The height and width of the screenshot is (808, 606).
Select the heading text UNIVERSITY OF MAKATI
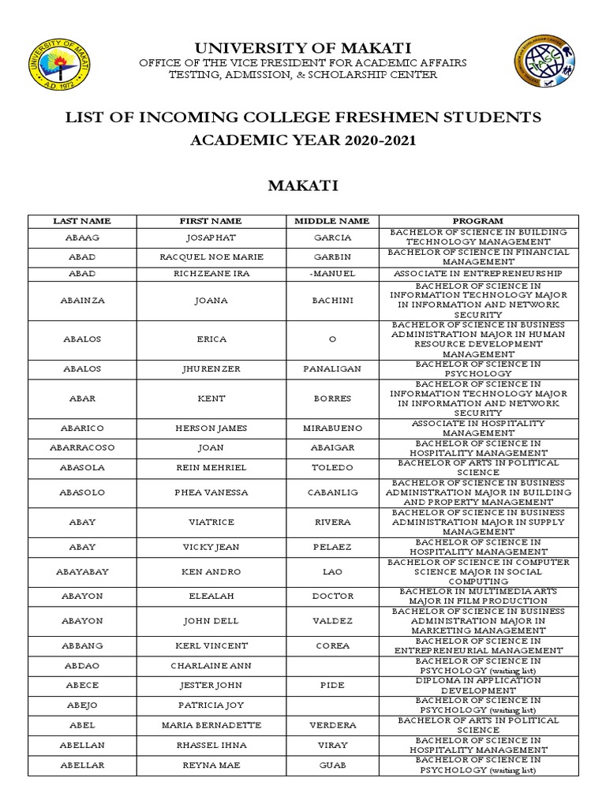pos(303,48)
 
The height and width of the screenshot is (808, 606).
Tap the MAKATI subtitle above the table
pos(303,185)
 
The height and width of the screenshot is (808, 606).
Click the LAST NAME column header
pos(81,221)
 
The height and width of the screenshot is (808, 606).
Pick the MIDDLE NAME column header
pos(332,221)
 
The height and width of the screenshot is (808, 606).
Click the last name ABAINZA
pos(81,300)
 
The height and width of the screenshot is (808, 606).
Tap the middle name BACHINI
pos(332,300)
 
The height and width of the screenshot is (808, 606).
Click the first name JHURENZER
pos(210,368)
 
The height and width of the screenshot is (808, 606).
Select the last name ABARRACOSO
pos(81,448)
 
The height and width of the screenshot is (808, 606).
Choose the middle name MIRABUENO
pos(332,428)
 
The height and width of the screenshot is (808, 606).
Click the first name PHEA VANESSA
pos(210,492)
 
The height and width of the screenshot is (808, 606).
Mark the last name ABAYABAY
pos(81,571)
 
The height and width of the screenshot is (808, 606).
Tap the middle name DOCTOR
pos(332,597)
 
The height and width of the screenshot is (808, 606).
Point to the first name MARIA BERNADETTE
pos(210,724)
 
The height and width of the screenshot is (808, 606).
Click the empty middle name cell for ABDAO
pos(332,665)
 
